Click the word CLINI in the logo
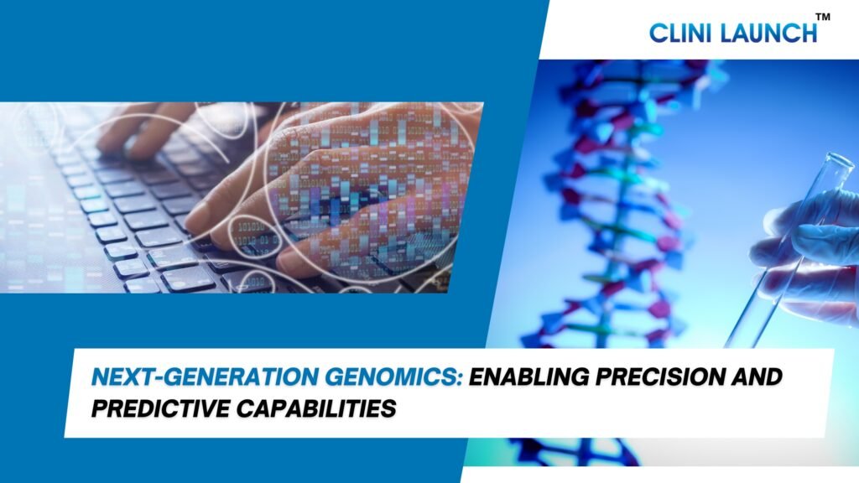679,33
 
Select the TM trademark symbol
823,17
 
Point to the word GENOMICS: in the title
394,377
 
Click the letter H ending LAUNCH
810,33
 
